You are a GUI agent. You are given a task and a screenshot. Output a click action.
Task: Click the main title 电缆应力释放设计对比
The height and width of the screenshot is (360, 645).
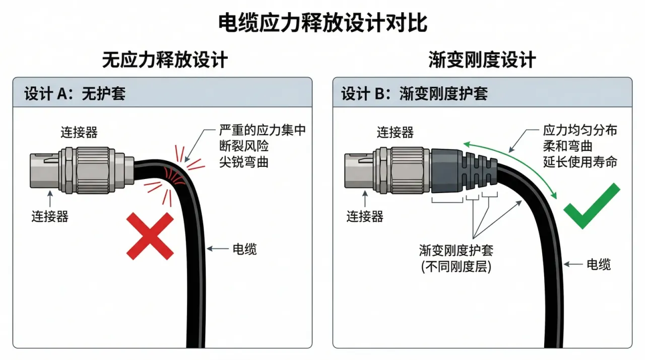click(322, 23)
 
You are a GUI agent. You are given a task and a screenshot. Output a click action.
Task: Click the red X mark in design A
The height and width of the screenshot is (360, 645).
click(150, 236)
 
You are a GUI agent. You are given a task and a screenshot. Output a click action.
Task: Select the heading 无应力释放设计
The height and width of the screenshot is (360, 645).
click(165, 60)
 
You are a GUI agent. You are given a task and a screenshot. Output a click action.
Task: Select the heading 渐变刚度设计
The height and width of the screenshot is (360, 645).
click(482, 60)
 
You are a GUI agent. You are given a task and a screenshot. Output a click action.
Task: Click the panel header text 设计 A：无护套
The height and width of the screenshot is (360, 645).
click(75, 94)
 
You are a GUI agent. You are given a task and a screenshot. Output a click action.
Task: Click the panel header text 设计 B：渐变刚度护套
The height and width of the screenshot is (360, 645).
click(415, 94)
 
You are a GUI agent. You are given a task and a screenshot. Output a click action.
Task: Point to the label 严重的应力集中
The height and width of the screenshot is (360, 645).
click(263, 130)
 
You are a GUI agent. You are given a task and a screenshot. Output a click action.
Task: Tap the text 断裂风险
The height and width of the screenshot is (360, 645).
click(244, 146)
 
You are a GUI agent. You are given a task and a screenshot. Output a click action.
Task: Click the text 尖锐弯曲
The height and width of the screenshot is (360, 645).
click(244, 162)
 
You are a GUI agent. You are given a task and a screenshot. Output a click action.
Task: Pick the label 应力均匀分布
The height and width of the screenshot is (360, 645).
click(580, 130)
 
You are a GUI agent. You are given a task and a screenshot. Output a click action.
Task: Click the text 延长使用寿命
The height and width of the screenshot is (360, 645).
click(580, 162)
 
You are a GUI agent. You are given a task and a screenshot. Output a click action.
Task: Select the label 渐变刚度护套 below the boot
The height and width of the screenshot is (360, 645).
click(456, 250)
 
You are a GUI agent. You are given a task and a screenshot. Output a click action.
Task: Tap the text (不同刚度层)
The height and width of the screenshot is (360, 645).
click(456, 267)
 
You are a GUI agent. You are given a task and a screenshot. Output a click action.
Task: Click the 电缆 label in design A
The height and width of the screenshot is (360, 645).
click(244, 249)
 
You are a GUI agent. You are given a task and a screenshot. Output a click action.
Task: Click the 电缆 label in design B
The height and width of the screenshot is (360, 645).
click(599, 264)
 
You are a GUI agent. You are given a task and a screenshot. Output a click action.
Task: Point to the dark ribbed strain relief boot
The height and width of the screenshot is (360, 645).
click(464, 171)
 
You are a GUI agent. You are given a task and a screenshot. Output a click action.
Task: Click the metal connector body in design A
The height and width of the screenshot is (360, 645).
click(82, 170)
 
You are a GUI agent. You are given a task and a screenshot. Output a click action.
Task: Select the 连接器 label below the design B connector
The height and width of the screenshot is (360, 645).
click(365, 217)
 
